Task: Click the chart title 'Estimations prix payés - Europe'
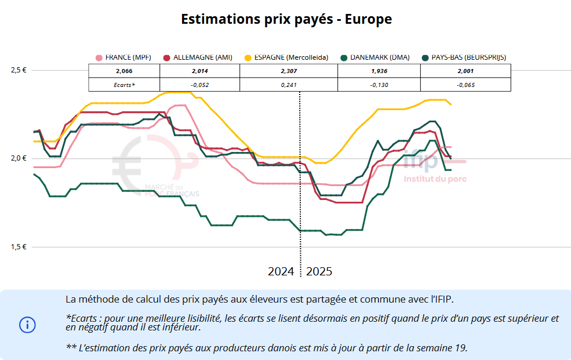(x=286, y=19)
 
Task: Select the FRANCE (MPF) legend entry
(x=123, y=57)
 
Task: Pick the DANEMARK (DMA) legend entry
(x=375, y=57)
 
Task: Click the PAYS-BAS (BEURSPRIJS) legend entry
(x=464, y=57)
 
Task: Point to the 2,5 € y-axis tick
(x=19, y=70)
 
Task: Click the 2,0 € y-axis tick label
(x=19, y=158)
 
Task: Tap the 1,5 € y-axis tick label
(x=19, y=247)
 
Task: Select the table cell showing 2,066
(x=124, y=71)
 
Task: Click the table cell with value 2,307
(x=288, y=71)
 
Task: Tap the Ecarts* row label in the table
(x=124, y=85)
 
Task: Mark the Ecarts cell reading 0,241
(x=288, y=85)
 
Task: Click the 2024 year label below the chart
(x=281, y=271)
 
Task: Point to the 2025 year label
(x=319, y=271)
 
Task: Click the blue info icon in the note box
(x=27, y=325)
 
